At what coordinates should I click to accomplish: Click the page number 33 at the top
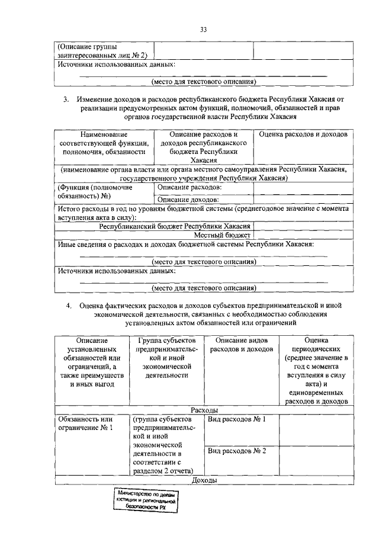click(203, 30)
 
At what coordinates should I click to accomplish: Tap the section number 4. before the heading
click(69, 306)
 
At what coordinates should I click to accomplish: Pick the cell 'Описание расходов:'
click(189, 188)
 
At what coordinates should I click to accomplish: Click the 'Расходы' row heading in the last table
click(205, 410)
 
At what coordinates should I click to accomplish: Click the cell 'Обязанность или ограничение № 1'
click(85, 423)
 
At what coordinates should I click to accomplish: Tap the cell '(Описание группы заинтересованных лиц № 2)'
click(94, 51)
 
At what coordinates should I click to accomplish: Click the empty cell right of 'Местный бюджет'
click(302, 235)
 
